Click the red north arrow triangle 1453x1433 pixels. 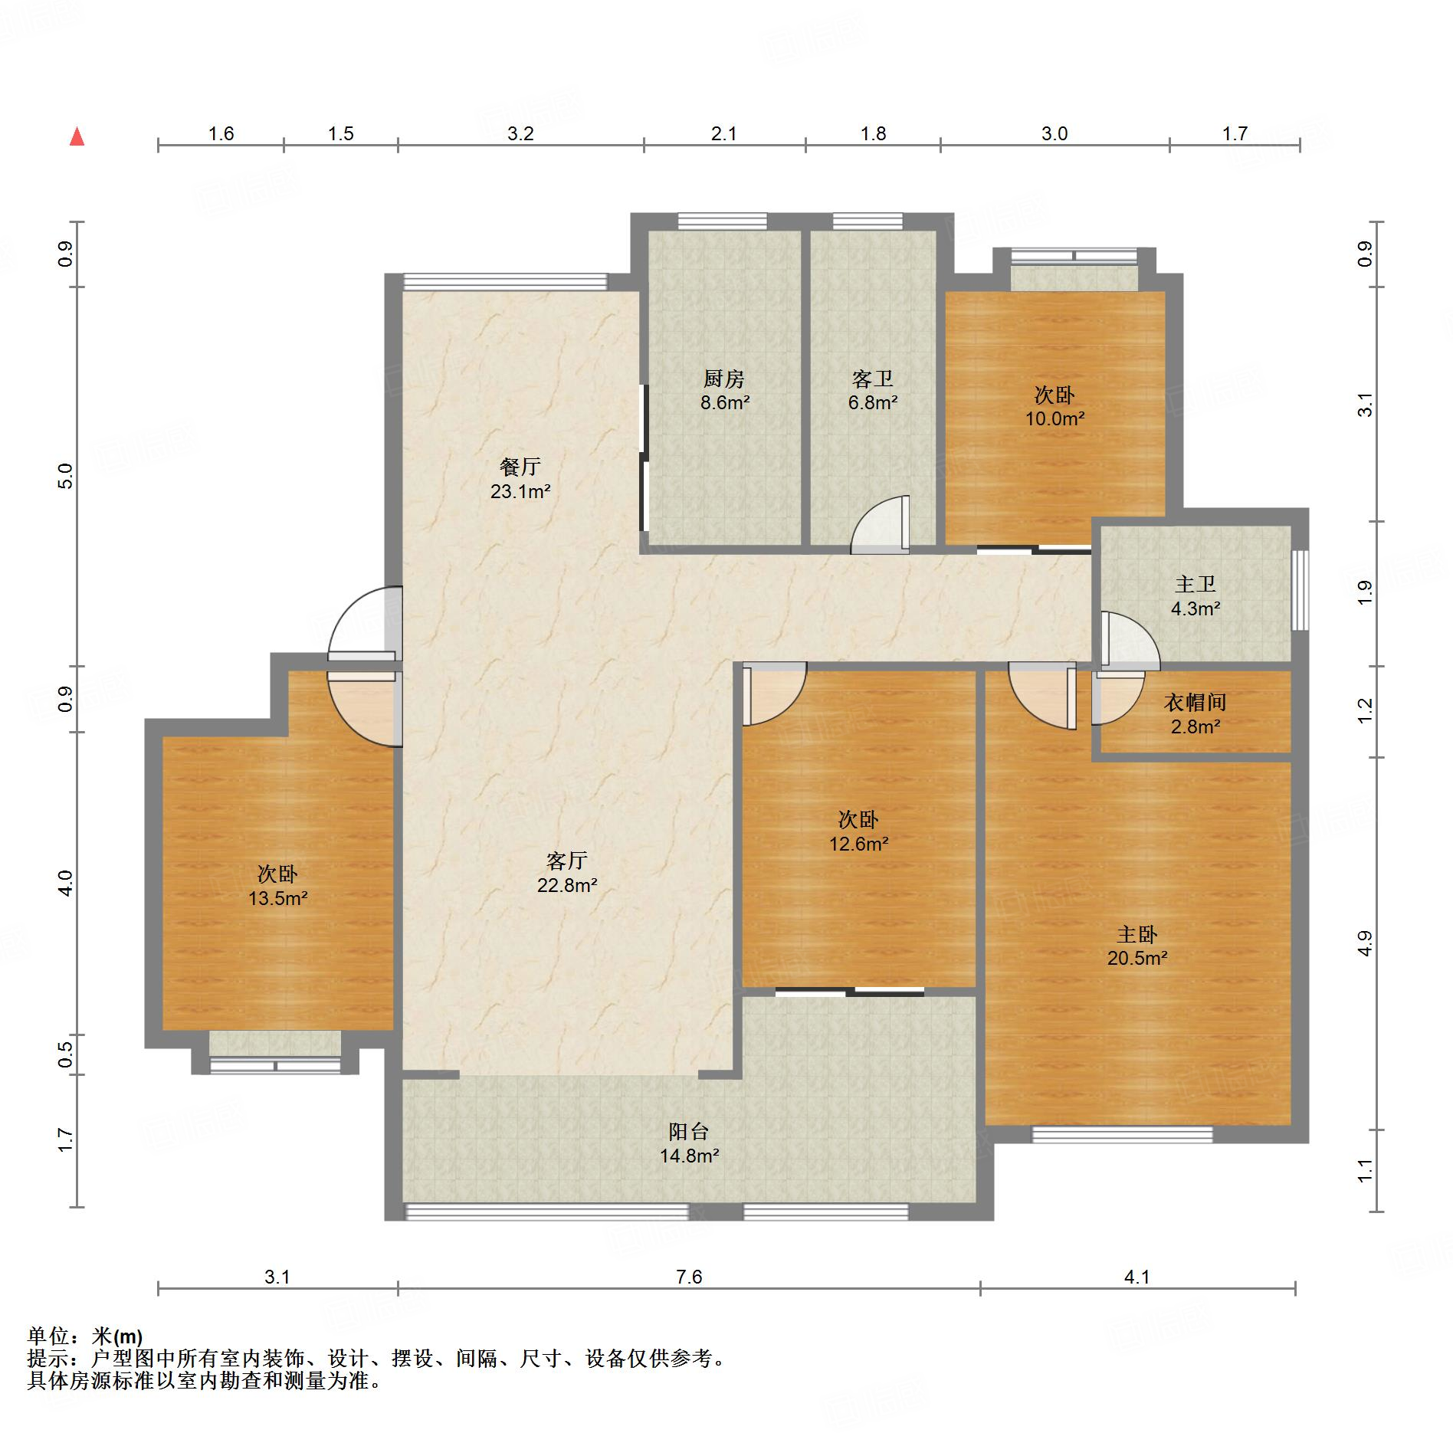pyautogui.click(x=77, y=136)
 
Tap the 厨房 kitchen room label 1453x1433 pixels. pyautogui.click(x=724, y=379)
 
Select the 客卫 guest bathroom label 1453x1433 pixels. pyautogui.click(x=873, y=379)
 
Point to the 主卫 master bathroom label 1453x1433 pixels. pyautogui.click(x=1196, y=585)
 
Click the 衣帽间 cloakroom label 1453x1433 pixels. pyautogui.click(x=1196, y=702)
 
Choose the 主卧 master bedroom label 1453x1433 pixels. pyautogui.click(x=1137, y=934)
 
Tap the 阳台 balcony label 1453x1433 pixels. pyautogui.click(x=689, y=1131)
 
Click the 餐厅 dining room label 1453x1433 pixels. pyautogui.click(x=520, y=467)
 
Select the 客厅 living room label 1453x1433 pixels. pyautogui.click(x=567, y=861)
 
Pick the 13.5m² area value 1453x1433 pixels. pyautogui.click(x=277, y=898)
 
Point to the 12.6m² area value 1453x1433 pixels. pyautogui.click(x=858, y=844)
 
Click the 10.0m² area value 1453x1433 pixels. pyautogui.click(x=1055, y=418)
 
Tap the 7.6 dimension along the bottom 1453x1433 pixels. pyautogui.click(x=689, y=1277)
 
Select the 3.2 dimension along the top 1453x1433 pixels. pyautogui.click(x=520, y=134)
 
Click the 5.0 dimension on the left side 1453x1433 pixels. pyautogui.click(x=66, y=476)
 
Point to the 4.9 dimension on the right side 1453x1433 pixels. pyautogui.click(x=1364, y=943)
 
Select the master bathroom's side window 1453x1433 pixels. pyautogui.click(x=1300, y=590)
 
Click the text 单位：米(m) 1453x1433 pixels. pyautogui.click(x=85, y=1336)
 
